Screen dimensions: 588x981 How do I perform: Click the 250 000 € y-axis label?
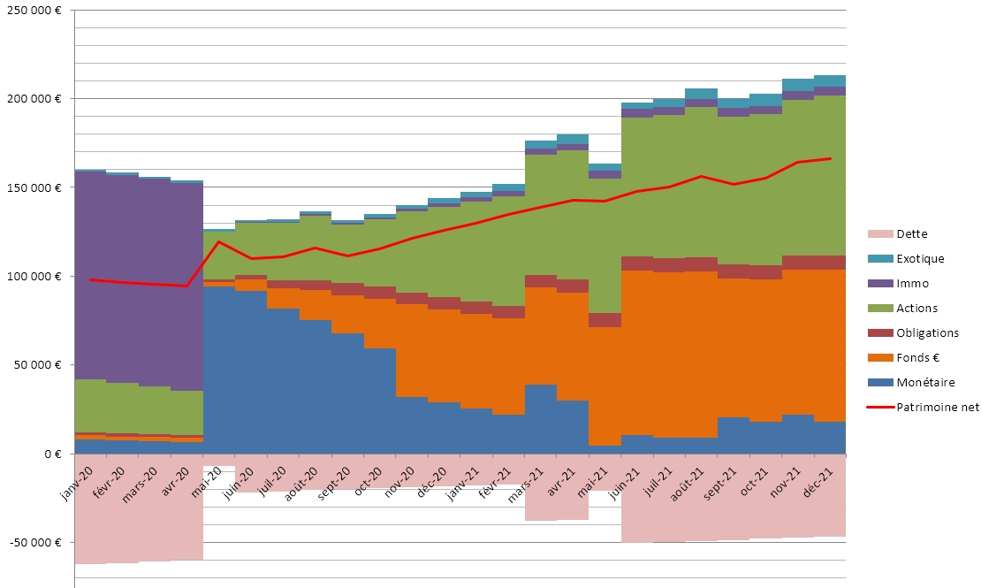coord(36,10)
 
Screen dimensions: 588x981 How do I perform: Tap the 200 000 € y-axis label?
coord(36,98)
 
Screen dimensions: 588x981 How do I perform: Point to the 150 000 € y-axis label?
coord(36,187)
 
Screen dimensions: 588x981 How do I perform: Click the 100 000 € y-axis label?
coord(36,277)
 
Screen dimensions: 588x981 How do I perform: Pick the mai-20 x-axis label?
coord(213,477)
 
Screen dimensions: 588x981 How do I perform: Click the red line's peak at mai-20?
coord(219,241)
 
